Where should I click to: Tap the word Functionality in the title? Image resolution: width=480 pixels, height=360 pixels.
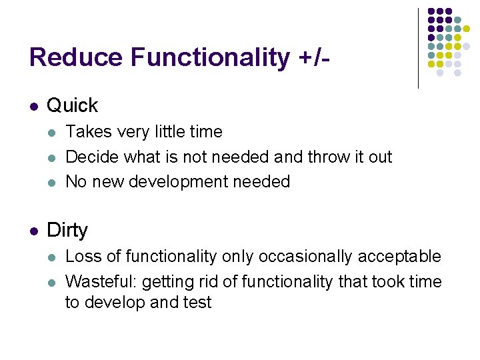(x=210, y=57)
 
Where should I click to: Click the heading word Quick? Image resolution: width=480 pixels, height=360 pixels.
(x=73, y=105)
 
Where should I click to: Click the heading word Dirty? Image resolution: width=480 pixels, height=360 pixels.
(x=67, y=231)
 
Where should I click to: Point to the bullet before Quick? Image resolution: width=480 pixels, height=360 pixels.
(x=34, y=106)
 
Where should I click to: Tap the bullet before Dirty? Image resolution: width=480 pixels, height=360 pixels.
(x=34, y=231)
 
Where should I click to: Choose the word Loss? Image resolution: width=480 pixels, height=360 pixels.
(x=82, y=257)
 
